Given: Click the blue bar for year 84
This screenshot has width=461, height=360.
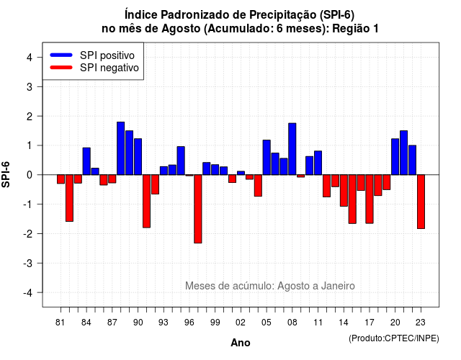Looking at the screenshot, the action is pos(86,161).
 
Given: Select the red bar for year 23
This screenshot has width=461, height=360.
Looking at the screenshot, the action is pos(421,202).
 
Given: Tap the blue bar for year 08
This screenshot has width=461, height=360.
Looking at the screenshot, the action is pos(292,149).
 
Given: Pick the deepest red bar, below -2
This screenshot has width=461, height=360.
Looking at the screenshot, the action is pos(198,209).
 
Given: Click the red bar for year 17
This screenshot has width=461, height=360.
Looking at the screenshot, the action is pos(370,199).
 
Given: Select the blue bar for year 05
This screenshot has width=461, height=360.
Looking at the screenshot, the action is pos(267,158).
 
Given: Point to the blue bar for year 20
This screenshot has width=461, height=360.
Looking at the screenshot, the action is pos(395,157).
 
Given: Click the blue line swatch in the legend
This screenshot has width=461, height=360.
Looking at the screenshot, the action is pos(61,55).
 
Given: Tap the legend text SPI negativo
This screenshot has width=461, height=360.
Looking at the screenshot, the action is pos(109,68).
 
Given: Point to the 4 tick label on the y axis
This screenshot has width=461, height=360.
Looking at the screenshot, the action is pos(30,58).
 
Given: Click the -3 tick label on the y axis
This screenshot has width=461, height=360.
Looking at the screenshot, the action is pos(28,264).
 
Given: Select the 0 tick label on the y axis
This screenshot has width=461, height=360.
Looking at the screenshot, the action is pos(30,175).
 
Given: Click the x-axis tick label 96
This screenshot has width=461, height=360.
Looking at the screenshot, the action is pos(189,323).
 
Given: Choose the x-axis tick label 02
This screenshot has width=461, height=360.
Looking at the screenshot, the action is pos(241,323).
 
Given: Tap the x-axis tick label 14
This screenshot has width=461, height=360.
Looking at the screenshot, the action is pos(344,323).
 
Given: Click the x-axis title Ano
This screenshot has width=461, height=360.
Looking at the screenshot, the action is pos(241,343).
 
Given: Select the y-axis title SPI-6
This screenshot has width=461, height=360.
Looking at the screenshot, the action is pos(6,174).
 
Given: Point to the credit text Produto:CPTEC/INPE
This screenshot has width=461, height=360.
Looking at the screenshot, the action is pos(394,338).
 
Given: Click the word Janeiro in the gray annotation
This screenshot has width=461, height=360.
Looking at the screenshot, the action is pos(338,286).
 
